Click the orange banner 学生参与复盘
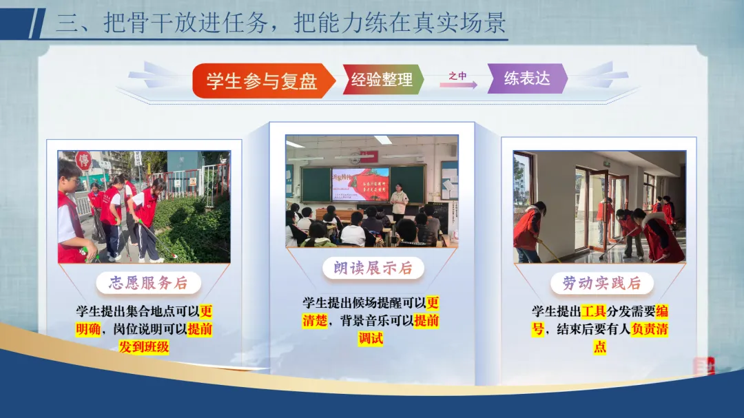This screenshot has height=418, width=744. [264, 81]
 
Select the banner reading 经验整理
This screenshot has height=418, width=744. [382, 79]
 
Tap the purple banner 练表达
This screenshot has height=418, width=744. [527, 79]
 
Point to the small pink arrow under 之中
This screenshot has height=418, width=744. [458, 85]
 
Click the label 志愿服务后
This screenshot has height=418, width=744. [149, 283]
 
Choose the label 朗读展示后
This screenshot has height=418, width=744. [373, 268]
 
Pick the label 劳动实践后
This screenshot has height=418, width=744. [601, 283]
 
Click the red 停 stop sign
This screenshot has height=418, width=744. [83, 160]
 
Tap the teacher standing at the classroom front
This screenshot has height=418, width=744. [399, 202]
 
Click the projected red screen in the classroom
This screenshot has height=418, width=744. [360, 184]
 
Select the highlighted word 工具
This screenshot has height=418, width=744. [593, 312]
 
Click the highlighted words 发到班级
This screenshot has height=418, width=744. [144, 347]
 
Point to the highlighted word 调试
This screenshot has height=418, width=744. [371, 338]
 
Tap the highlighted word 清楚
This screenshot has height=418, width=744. [315, 321]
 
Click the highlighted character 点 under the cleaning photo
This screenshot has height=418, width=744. [600, 347]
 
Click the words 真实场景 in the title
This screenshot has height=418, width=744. [459, 22]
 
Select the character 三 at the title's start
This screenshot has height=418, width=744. [67, 23]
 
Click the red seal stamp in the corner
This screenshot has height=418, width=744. [703, 366]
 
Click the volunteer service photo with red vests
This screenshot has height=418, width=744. [144, 207]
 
